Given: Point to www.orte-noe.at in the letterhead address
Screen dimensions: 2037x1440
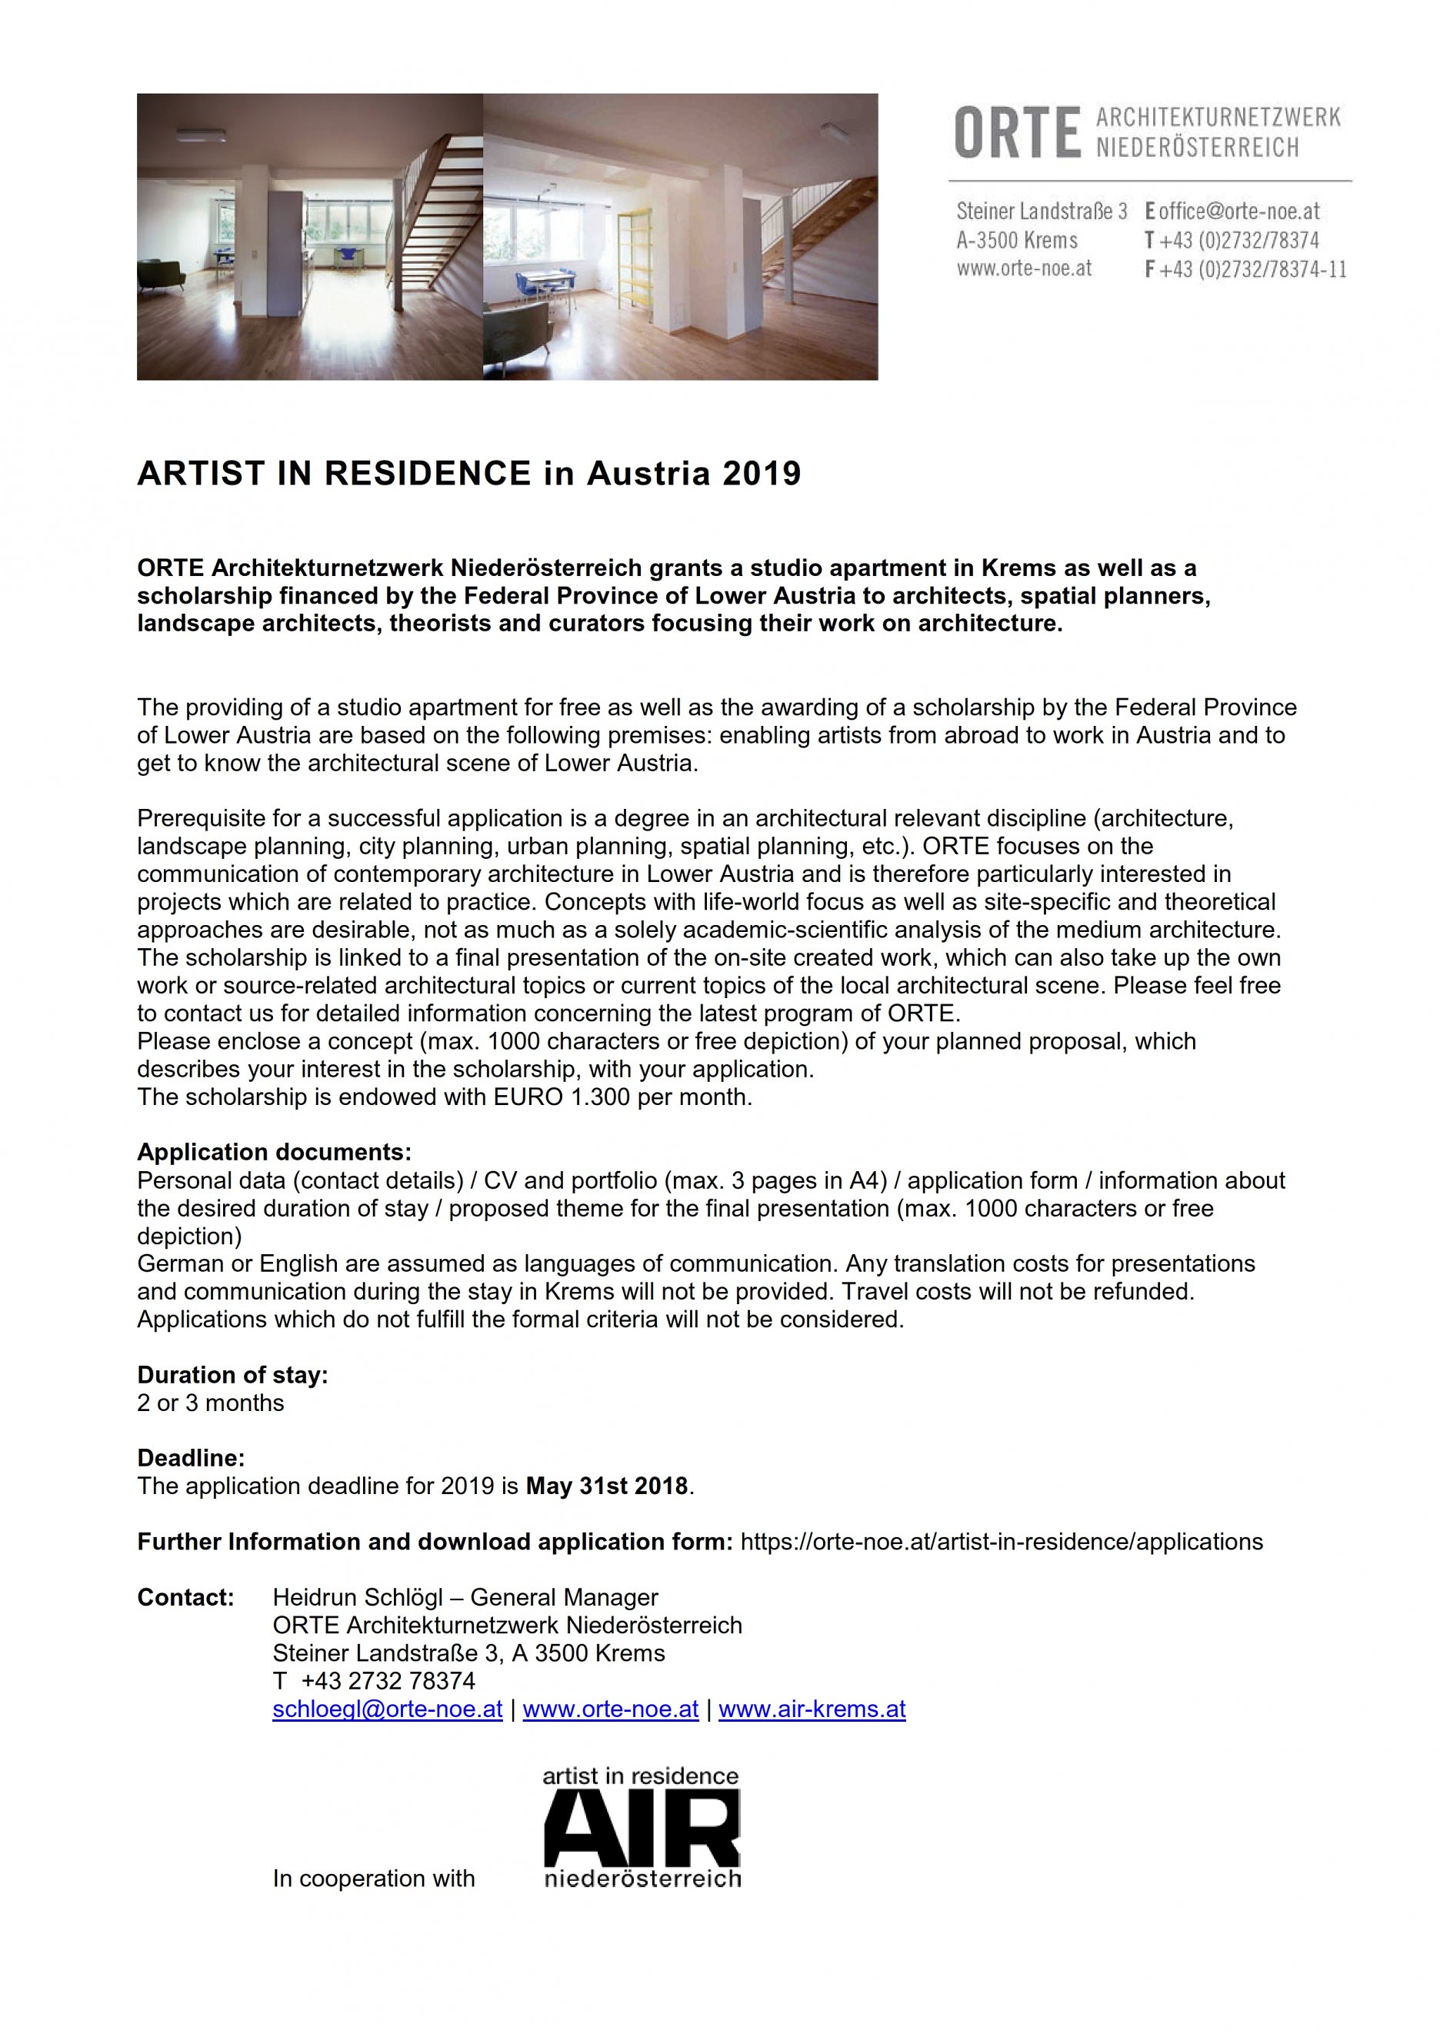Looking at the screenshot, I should point(1024,268).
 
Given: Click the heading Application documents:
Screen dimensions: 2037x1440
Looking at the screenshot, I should point(274,1153).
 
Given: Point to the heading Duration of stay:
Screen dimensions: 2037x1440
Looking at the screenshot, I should point(232,1375).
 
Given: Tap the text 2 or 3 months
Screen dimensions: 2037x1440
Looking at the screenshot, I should point(210,1403).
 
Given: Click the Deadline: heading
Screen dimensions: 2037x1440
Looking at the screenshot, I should point(191,1458).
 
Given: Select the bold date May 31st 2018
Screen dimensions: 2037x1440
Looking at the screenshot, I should point(607,1486).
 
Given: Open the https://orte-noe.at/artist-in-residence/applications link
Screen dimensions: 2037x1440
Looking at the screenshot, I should point(1001,1542).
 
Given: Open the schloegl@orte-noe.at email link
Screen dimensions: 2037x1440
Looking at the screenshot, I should point(388,1709).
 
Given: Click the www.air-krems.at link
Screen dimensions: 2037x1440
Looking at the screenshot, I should point(812,1709).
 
